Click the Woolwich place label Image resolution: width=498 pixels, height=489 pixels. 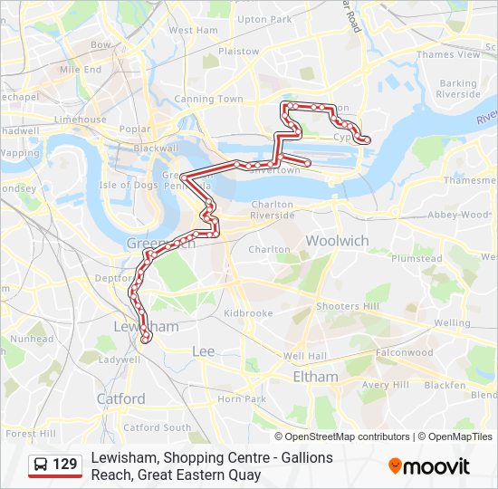pos(337,241)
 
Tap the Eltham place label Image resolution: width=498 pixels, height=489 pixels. pos(315,377)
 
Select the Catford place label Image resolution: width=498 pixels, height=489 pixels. pos(120,398)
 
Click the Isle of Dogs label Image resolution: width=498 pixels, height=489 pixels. pos(129,185)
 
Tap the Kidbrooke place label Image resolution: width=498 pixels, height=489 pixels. pos(247,312)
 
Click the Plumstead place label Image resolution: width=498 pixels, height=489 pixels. pos(417,258)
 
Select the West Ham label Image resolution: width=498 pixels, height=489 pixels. pos(193,30)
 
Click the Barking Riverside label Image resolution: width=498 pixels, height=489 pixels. pos(458,89)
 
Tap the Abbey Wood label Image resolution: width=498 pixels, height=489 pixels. pos(458,215)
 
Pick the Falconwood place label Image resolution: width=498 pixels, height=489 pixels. pos(404,352)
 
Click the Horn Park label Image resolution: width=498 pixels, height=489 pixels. pos(241,398)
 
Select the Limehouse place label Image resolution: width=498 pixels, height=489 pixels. pos(80,120)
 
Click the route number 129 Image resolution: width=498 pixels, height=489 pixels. pos(65,465)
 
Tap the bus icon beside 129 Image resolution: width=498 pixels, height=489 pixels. pos(41,465)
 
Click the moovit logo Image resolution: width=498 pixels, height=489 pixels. pos(429,466)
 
